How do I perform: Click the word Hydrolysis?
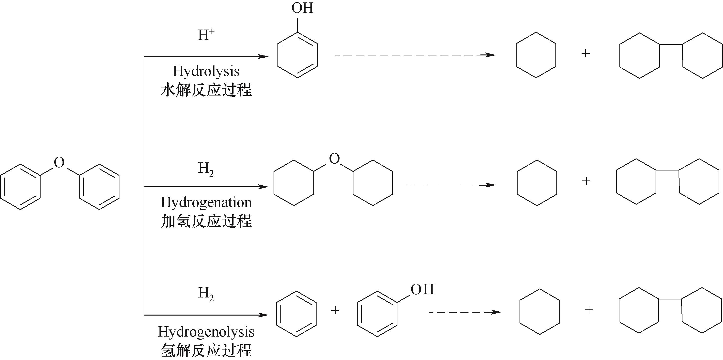(x=206, y=72)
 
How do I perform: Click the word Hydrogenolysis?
(x=206, y=332)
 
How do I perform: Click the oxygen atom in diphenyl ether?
(x=59, y=162)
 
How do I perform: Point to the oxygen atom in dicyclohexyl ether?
(x=334, y=159)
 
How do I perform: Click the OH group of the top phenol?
(x=302, y=8)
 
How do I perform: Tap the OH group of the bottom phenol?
(x=422, y=289)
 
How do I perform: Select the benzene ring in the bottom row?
(x=296, y=314)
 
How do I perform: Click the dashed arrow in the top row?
(x=415, y=55)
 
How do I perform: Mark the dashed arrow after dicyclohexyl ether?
(x=451, y=185)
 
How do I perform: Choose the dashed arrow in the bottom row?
(x=465, y=312)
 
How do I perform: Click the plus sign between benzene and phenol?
(x=335, y=310)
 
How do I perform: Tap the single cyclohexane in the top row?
(x=536, y=55)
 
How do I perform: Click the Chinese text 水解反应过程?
(x=206, y=90)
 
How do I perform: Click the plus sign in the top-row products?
(x=585, y=53)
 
